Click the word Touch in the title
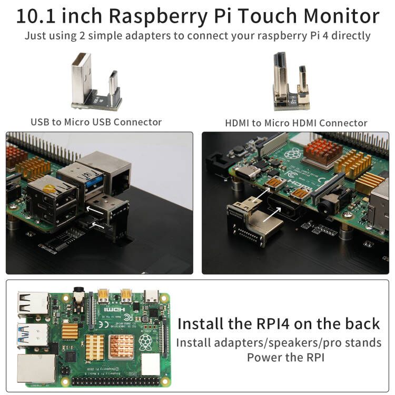(x=268, y=16)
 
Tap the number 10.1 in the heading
(x=36, y=16)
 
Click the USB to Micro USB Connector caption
(x=96, y=122)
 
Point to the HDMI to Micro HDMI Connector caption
(x=296, y=123)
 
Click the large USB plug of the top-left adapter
(x=81, y=78)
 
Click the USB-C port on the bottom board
(x=151, y=296)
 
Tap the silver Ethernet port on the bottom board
(x=36, y=369)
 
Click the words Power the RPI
(x=285, y=358)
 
